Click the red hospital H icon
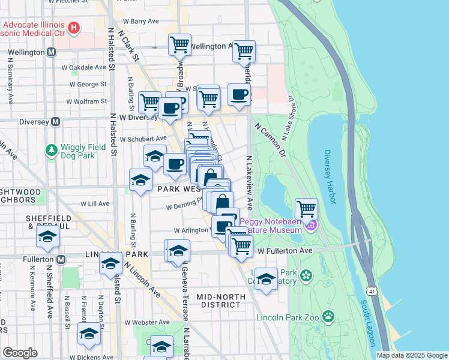(74, 27)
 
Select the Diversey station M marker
(55, 121)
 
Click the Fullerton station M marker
(61, 259)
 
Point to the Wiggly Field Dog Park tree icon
(52, 149)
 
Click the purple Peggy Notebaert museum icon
(310, 226)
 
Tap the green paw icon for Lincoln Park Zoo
(328, 316)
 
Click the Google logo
(20, 352)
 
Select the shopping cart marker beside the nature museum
(306, 209)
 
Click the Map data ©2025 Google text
(411, 355)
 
